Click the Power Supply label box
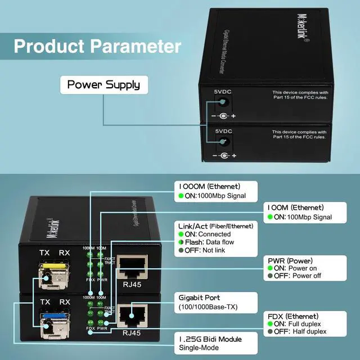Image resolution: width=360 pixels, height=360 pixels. click(x=104, y=85)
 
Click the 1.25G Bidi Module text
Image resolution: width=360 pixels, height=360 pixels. click(x=210, y=340)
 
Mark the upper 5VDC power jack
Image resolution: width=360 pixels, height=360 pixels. click(x=224, y=102)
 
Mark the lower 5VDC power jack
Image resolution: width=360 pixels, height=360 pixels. click(x=224, y=141)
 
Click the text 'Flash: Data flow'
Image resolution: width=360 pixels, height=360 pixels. click(x=214, y=242)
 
